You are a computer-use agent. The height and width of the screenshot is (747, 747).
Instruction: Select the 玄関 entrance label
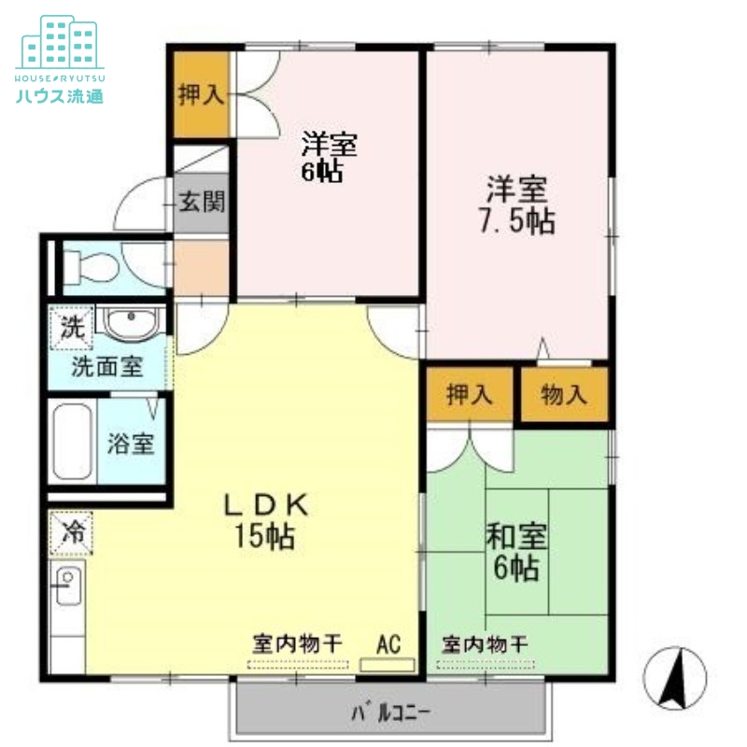click(201, 201)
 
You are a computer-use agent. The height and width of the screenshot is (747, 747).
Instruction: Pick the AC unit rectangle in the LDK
click(388, 666)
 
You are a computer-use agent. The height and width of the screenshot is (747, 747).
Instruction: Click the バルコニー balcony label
click(391, 714)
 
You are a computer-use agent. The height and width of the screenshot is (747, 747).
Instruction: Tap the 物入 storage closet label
click(564, 394)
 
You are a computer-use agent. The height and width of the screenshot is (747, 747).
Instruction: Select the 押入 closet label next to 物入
click(470, 394)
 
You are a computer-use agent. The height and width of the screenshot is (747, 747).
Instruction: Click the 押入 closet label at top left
click(200, 94)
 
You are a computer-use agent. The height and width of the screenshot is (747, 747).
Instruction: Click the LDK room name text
click(265, 505)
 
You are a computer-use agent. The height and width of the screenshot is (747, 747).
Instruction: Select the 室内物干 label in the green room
click(485, 644)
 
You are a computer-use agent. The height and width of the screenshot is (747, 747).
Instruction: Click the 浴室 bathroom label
click(130, 444)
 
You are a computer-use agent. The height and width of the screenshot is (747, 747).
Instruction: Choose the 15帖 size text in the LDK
click(265, 536)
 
